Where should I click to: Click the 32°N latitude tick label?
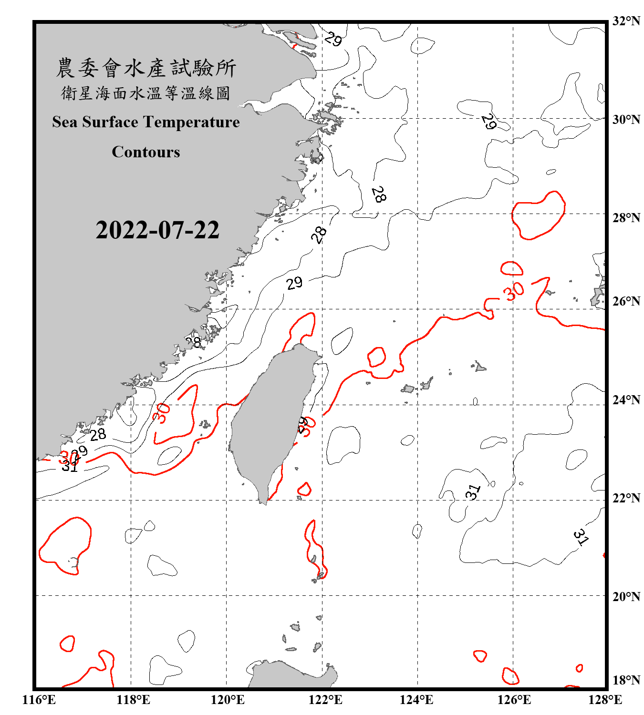coord(626,21)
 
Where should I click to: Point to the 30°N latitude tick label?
coord(626,120)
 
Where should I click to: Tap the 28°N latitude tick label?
coord(626,218)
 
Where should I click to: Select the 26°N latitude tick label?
coord(626,301)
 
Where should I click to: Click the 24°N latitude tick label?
coord(626,400)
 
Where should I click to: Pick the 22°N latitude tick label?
coord(626,498)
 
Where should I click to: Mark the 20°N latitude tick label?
coord(626,596)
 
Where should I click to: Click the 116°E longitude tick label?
coord(39,700)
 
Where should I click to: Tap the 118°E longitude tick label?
coord(133,700)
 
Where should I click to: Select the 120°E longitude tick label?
coord(228,700)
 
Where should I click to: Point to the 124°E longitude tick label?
coord(416,700)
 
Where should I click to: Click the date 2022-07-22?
coord(157,230)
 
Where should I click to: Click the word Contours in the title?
coord(146,152)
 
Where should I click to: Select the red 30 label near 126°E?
coord(514,291)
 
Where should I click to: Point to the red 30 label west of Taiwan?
coord(161,413)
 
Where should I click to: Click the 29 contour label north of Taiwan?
coord(294,283)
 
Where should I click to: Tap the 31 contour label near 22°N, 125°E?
coord(473,492)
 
